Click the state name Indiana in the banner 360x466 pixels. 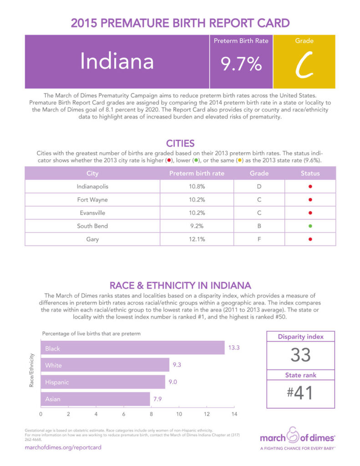(x=117, y=62)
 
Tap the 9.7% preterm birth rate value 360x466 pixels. (x=241, y=65)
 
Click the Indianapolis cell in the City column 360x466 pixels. (x=92, y=187)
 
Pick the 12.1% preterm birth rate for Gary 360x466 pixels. (x=197, y=239)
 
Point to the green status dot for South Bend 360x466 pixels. (x=310, y=226)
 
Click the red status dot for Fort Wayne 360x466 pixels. (x=310, y=200)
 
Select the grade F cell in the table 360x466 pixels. (x=259, y=239)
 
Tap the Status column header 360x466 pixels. (x=310, y=173)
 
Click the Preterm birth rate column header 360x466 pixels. (x=197, y=173)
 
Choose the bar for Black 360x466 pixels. (x=132, y=349)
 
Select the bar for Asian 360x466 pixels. (x=95, y=399)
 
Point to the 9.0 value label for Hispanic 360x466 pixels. (x=172, y=382)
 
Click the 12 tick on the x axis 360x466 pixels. (x=207, y=414)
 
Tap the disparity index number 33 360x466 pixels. (x=300, y=355)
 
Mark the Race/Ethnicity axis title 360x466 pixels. (x=31, y=373)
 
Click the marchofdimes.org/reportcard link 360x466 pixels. (x=63, y=447)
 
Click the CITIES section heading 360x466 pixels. (x=180, y=143)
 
